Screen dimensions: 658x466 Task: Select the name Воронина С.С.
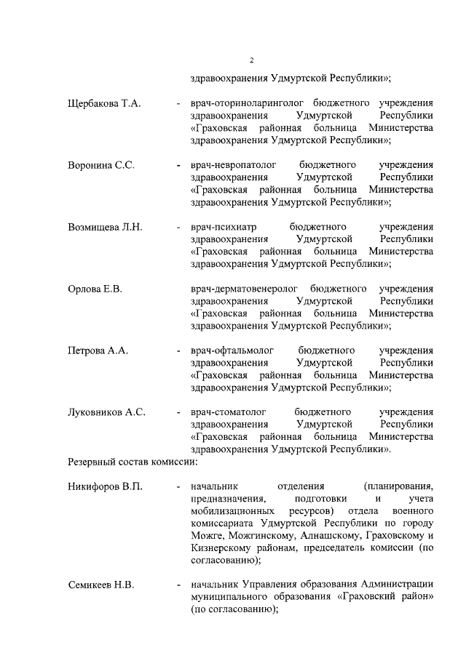(101, 164)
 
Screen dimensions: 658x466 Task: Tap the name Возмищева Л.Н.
(105, 227)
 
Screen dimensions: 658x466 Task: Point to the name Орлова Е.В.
(95, 289)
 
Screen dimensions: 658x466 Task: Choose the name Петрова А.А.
(98, 350)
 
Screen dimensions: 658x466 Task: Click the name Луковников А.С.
(106, 412)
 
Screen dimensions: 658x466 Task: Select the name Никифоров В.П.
(105, 486)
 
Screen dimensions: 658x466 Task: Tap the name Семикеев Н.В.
(101, 585)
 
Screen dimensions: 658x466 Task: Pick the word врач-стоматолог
(228, 412)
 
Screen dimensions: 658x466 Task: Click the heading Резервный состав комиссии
(133, 461)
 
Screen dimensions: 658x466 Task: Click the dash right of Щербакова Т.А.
(178, 103)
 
